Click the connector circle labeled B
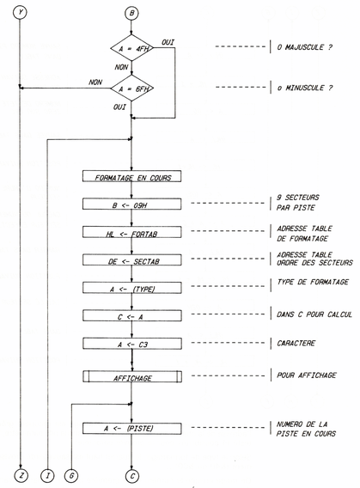point(131,13)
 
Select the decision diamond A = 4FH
point(131,50)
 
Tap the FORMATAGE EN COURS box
point(131,178)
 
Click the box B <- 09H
point(131,204)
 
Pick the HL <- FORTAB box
point(131,232)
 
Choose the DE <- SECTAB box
point(131,259)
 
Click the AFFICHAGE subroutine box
point(131,375)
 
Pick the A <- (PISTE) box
point(131,428)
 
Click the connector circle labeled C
point(131,475)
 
